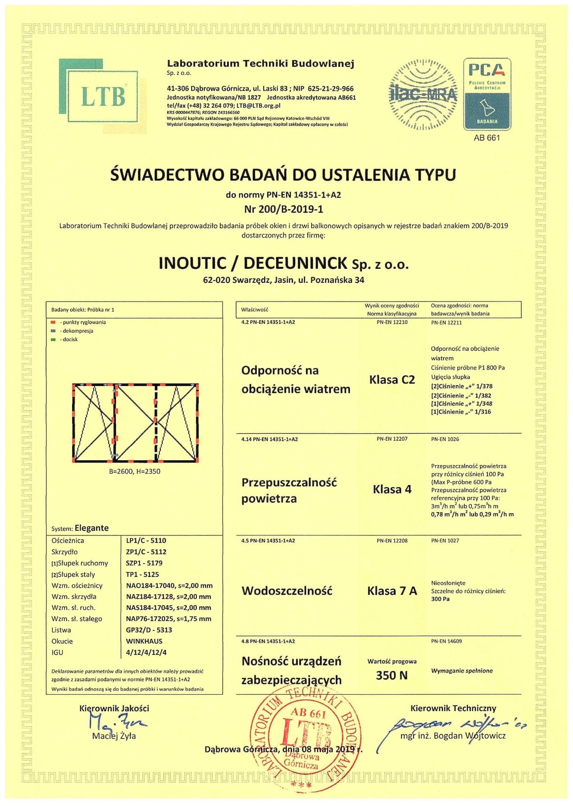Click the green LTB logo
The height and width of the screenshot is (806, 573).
coord(103,96)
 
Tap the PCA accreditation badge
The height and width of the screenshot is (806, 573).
coord(487,94)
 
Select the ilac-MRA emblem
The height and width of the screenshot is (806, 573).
coord(423,95)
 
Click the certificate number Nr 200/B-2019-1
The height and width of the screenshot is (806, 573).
coord(283,209)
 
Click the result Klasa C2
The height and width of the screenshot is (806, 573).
coord(392,380)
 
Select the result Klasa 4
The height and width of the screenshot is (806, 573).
coord(392,489)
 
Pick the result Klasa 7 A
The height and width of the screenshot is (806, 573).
coord(392,591)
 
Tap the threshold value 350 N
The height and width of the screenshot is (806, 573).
coord(392,675)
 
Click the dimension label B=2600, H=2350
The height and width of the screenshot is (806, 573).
coord(134,471)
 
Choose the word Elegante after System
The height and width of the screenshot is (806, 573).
coord(92,528)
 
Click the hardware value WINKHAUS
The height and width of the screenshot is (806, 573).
coord(144,641)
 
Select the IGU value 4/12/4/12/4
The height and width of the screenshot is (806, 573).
coord(146,652)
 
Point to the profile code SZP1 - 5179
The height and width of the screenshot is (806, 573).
coord(144,563)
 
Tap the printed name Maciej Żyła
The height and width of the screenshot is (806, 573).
coord(114,736)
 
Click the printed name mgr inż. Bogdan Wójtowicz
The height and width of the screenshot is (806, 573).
coord(453,736)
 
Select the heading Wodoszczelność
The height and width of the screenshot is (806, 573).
coord(287,591)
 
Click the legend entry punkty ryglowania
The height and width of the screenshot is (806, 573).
coord(84,322)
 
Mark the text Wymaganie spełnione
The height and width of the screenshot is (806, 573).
coord(462,671)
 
